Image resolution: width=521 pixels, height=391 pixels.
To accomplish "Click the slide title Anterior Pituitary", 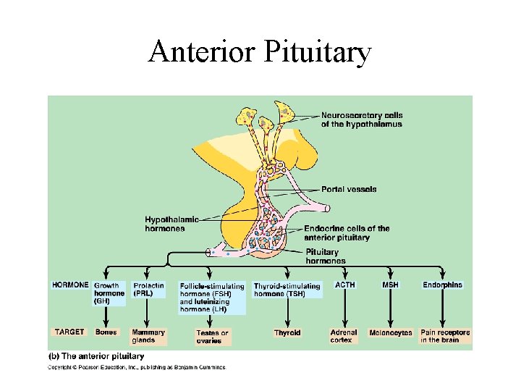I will coord(260,53).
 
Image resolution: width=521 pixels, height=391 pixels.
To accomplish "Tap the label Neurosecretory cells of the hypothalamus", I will coord(362,119).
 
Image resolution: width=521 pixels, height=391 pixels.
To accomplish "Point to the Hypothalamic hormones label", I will coord(171,224).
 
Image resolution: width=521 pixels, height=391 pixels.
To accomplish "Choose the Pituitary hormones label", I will coord(324,256).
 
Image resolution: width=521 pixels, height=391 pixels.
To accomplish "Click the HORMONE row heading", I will coord(70,285).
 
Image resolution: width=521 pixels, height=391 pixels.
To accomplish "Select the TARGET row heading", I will coord(69,332).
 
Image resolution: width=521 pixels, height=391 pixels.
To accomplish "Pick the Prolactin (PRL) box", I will coord(149,289).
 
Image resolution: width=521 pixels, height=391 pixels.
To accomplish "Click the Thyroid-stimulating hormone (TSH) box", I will coord(287,290).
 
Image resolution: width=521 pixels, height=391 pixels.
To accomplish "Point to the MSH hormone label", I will coord(390,285).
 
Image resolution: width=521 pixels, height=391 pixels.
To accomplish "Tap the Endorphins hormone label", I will coord(442,285).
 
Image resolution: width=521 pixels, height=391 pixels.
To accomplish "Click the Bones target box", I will coord(106,332).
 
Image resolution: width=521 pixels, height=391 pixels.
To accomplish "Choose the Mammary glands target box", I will coord(148,336).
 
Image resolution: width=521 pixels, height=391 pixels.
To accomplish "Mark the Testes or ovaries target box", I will coord(212,337).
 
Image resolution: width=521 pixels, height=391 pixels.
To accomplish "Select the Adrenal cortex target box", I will coord(344,336).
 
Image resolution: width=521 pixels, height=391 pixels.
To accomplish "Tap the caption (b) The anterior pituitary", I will coord(96,356).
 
